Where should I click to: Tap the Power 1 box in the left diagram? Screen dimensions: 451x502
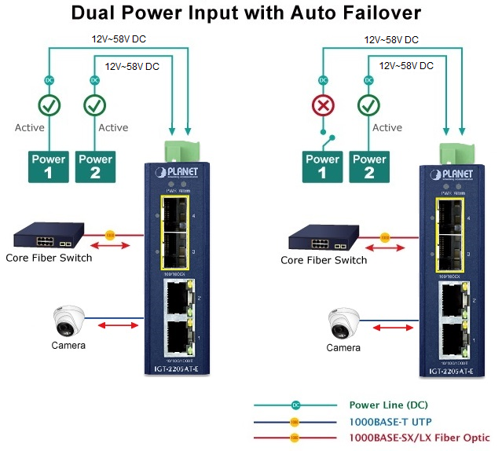point(49,166)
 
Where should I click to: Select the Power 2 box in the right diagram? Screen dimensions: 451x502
point(369,166)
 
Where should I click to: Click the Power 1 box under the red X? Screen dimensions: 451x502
point(323,166)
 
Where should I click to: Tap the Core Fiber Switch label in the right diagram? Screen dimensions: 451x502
point(324,260)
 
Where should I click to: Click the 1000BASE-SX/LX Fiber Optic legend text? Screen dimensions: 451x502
point(419,438)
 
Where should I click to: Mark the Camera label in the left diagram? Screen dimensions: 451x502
point(68,345)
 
